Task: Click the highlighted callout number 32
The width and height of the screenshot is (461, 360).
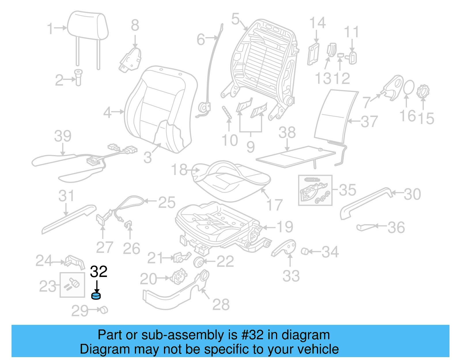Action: point(99,272)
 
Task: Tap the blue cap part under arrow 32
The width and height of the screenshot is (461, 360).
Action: point(96,296)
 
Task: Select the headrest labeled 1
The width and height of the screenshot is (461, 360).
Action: point(88,26)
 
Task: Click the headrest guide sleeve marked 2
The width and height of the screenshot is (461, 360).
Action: point(78,77)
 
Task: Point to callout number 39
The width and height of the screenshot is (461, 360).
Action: point(63,136)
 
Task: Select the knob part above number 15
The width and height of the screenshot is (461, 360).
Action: point(423,91)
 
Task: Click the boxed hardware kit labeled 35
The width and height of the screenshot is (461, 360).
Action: point(315,190)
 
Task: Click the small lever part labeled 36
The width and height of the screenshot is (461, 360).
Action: point(366,227)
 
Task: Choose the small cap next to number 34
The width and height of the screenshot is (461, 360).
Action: point(305,251)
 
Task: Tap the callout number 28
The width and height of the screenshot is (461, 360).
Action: point(221,304)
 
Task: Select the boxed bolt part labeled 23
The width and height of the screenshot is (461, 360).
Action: point(72,284)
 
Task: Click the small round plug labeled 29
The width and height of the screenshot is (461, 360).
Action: point(103,310)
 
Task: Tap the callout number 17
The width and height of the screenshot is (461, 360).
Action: point(274,205)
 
